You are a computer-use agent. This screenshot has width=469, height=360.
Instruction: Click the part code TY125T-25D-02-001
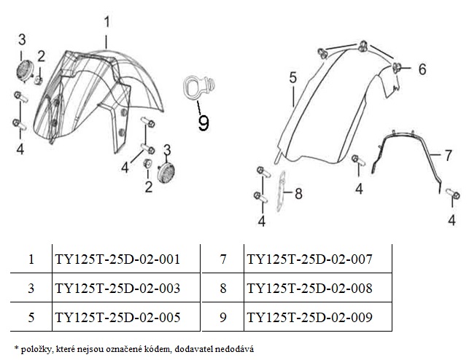tap(117, 259)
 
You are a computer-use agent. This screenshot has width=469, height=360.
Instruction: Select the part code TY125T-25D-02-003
tap(117, 288)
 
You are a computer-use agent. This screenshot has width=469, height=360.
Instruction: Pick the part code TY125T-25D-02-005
tap(117, 317)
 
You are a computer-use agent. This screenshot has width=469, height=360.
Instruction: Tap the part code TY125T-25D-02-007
tap(309, 259)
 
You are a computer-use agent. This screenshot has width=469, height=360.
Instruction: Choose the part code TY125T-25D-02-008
tap(309, 288)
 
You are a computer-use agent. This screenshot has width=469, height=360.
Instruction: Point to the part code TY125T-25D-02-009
tap(309, 317)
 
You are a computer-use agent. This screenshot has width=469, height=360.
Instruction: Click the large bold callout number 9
tap(204, 123)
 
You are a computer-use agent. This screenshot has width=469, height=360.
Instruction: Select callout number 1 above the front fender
tap(106, 22)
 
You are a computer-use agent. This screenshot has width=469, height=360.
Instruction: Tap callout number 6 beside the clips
tap(422, 69)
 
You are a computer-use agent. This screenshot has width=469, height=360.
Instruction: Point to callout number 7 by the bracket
tap(448, 155)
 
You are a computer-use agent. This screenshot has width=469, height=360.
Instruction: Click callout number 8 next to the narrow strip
tap(298, 193)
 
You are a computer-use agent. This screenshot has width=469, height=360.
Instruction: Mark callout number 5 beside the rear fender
tap(292, 77)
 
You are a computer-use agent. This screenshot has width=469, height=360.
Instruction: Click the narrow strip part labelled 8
tap(281, 191)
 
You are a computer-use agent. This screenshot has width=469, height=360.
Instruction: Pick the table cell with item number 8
tap(223, 288)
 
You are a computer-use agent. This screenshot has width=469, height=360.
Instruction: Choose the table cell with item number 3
tap(31, 288)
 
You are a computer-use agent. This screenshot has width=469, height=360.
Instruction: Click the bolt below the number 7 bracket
tap(452, 193)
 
